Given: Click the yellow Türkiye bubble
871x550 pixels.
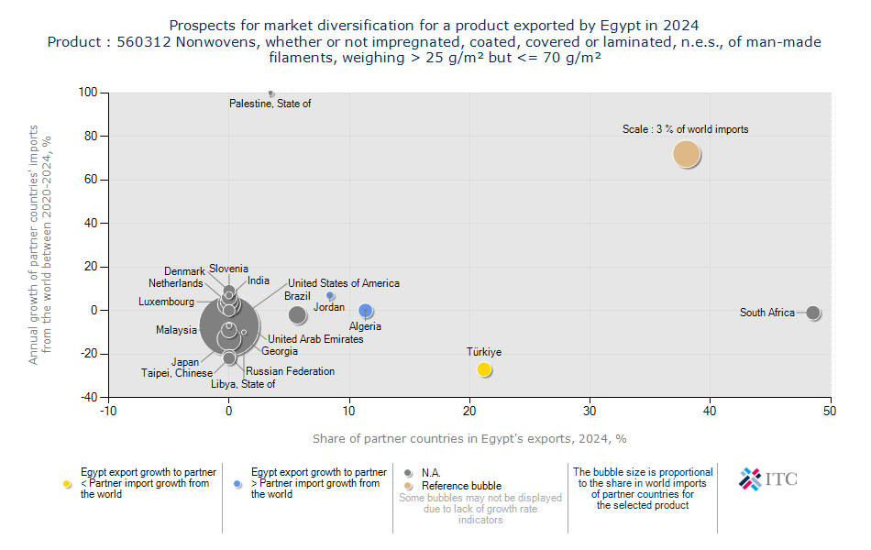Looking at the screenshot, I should click(x=484, y=369).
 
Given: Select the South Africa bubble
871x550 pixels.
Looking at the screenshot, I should click(x=812, y=313).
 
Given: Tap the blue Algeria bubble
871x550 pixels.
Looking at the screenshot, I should click(x=366, y=311).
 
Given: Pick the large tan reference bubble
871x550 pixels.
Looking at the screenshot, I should click(x=687, y=154).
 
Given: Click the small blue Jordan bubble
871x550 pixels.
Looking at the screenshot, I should click(x=330, y=296).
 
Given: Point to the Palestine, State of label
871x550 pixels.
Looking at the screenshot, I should click(x=270, y=104).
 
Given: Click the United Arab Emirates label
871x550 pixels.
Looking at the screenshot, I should click(x=315, y=339).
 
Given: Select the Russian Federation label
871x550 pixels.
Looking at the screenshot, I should click(x=290, y=371).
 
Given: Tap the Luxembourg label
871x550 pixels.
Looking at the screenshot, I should click(x=166, y=302).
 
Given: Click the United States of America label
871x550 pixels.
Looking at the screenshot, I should click(x=344, y=283).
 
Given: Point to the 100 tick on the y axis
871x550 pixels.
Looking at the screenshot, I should click(x=88, y=93).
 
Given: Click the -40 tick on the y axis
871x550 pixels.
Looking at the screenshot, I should click(x=88, y=397).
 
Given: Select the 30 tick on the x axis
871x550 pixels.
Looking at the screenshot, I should click(x=590, y=412).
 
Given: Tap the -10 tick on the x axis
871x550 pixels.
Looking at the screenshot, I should click(x=109, y=412).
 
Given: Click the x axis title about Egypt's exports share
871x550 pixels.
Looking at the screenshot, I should click(x=469, y=438).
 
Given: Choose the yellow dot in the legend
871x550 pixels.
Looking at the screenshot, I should click(x=67, y=483).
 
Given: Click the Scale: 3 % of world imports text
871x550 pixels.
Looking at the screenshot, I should click(x=685, y=129).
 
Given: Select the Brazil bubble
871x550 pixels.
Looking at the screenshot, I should click(x=297, y=314).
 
